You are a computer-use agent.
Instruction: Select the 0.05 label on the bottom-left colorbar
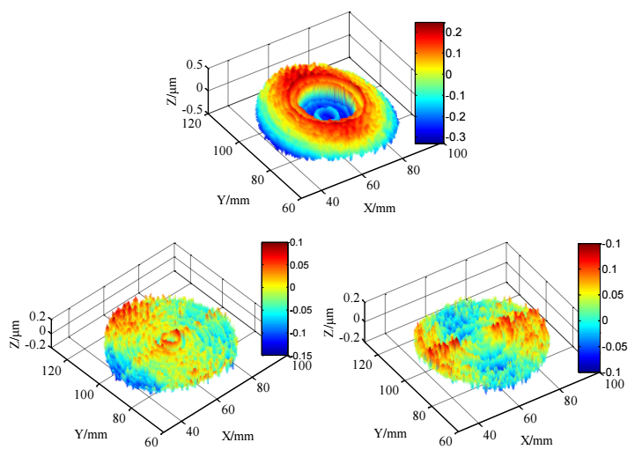(x=299, y=265)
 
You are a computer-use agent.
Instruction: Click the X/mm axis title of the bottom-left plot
(x=239, y=437)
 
